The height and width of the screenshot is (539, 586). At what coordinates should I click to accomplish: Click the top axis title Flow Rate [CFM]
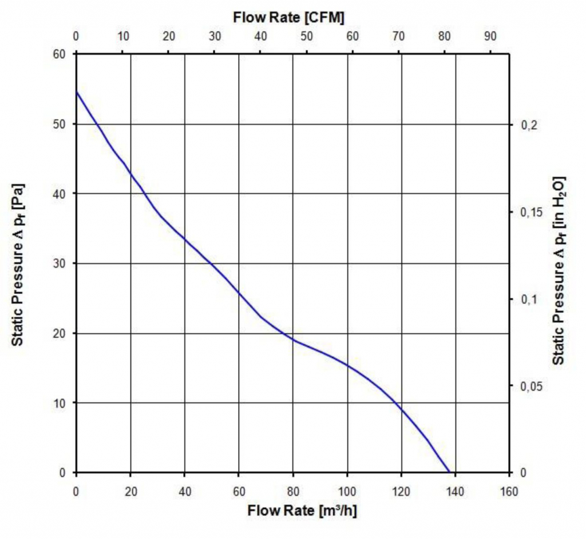pyautogui.click(x=288, y=18)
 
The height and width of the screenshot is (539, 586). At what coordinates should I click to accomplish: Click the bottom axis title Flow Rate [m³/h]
pyautogui.click(x=303, y=510)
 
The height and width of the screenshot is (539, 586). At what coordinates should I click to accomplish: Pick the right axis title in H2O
pyautogui.click(x=559, y=270)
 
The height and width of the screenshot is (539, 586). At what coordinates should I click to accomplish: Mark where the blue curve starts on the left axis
pyautogui.click(x=77, y=91)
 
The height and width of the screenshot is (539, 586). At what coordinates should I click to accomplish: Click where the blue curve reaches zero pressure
pyautogui.click(x=450, y=472)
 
